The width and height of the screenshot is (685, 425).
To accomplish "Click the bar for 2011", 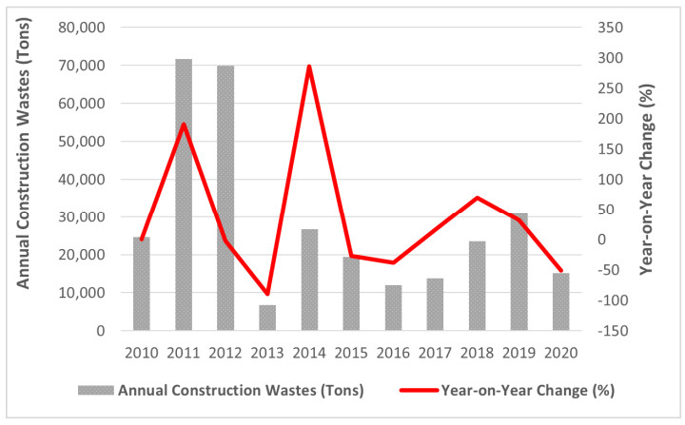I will pyautogui.click(x=184, y=195).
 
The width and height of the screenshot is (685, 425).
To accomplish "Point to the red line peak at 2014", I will pyautogui.click(x=309, y=67).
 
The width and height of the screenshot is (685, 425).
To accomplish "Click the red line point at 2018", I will pyautogui.click(x=477, y=198).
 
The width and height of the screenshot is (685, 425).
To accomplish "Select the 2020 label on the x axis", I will pyautogui.click(x=560, y=354).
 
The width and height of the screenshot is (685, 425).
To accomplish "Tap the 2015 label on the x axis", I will pyautogui.click(x=351, y=354).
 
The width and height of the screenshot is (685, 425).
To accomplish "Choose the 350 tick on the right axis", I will pyautogui.click(x=609, y=28).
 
